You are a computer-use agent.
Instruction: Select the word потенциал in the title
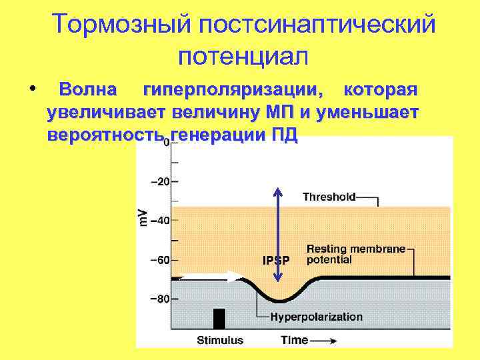243,56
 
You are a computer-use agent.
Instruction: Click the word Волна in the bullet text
88,89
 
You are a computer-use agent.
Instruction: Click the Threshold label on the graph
329,197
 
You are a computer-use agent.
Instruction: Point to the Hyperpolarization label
316,317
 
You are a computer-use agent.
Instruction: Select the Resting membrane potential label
356,254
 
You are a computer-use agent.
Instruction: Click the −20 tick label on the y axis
159,181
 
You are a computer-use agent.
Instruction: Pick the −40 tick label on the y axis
159,220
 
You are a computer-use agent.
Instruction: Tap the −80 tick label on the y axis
159,299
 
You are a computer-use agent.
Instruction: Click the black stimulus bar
219,319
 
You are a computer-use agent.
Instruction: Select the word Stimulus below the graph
220,340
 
